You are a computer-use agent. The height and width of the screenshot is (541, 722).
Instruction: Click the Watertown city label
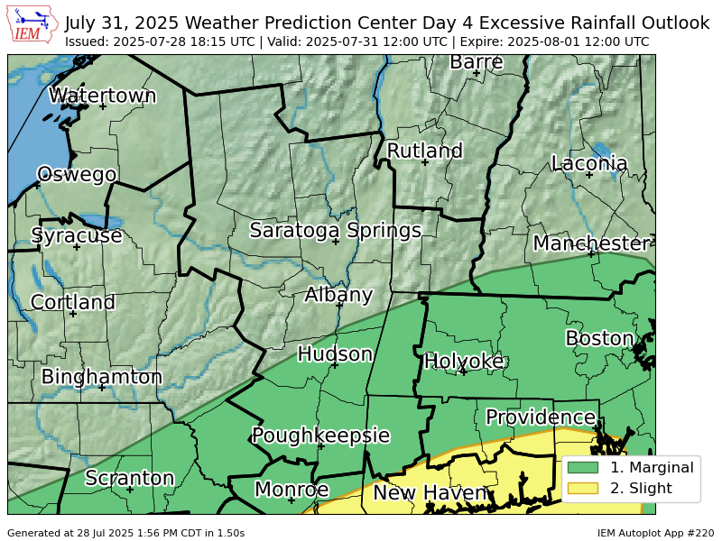pyautogui.click(x=102, y=96)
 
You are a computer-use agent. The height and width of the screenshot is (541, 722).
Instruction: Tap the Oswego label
pyautogui.click(x=77, y=174)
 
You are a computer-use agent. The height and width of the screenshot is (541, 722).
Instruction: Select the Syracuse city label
pyautogui.click(x=77, y=235)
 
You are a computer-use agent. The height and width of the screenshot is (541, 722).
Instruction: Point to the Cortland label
pyautogui.click(x=73, y=302)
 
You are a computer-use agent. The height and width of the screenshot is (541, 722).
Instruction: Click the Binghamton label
pyautogui.click(x=102, y=376)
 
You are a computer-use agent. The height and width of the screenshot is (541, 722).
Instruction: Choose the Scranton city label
pyautogui.click(x=129, y=478)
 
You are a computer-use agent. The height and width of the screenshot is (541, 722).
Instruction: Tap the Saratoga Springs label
pyautogui.click(x=336, y=230)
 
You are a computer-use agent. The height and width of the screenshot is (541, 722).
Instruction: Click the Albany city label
pyautogui.click(x=338, y=294)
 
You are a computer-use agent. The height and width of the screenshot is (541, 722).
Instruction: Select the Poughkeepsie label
pyautogui.click(x=320, y=436)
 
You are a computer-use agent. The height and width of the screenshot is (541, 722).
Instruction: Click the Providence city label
pyautogui.click(x=541, y=417)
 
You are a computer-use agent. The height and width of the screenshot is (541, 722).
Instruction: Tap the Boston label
pyautogui.click(x=600, y=338)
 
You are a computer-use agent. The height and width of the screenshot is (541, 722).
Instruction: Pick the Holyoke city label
pyautogui.click(x=464, y=361)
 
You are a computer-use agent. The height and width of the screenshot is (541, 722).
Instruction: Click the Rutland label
pyautogui.click(x=424, y=151)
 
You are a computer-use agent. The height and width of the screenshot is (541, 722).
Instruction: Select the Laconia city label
pyautogui.click(x=589, y=163)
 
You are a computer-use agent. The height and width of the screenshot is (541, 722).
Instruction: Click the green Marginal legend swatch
pyautogui.click(x=583, y=467)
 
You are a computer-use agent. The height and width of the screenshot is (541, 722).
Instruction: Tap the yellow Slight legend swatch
pyautogui.click(x=583, y=489)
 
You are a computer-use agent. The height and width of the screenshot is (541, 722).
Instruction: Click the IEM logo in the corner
pyautogui.click(x=32, y=25)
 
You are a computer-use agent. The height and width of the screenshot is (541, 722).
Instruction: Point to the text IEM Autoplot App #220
pyautogui.click(x=655, y=533)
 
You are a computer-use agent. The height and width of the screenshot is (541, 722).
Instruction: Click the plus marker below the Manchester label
pyautogui.click(x=591, y=253)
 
